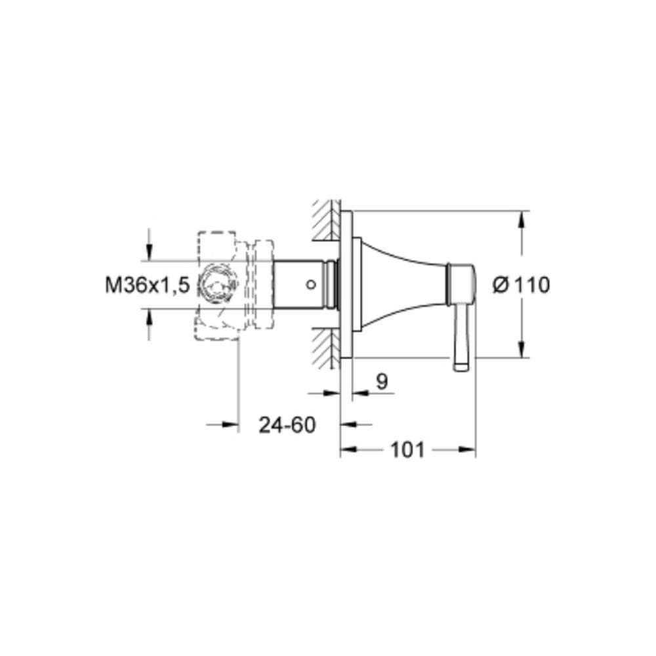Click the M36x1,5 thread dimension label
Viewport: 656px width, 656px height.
tap(147, 286)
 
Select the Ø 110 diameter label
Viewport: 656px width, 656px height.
tap(522, 285)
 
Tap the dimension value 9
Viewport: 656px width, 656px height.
tap(382, 381)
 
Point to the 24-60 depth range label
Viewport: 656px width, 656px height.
tap(287, 425)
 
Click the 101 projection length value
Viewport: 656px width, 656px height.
tap(407, 450)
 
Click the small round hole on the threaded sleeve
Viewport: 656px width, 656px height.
tap(310, 285)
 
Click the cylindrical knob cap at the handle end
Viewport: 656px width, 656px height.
tap(461, 285)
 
